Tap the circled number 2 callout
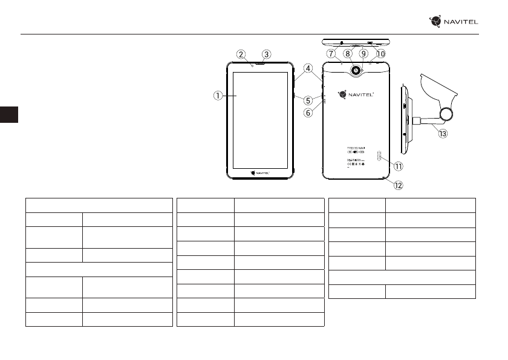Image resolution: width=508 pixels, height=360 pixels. tap(241, 53)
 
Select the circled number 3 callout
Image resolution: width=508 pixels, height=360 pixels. tap(266, 53)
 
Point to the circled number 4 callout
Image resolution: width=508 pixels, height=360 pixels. tap(308, 69)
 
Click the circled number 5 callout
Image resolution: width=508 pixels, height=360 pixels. tap(308, 100)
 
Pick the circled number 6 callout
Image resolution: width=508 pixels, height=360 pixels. tap(308, 113)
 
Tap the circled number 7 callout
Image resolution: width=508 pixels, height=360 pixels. tap(331, 53)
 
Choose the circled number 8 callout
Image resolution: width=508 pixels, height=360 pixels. tap(348, 53)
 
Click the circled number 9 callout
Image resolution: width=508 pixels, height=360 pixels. tap(363, 53)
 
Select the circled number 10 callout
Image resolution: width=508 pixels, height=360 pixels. tap(380, 53)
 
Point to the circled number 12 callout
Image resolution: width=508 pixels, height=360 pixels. tap(397, 185)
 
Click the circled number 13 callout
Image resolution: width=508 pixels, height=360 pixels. tap(443, 134)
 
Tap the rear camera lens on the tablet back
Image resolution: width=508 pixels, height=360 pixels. tap(356, 71)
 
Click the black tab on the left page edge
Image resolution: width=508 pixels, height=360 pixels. tap(10, 114)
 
